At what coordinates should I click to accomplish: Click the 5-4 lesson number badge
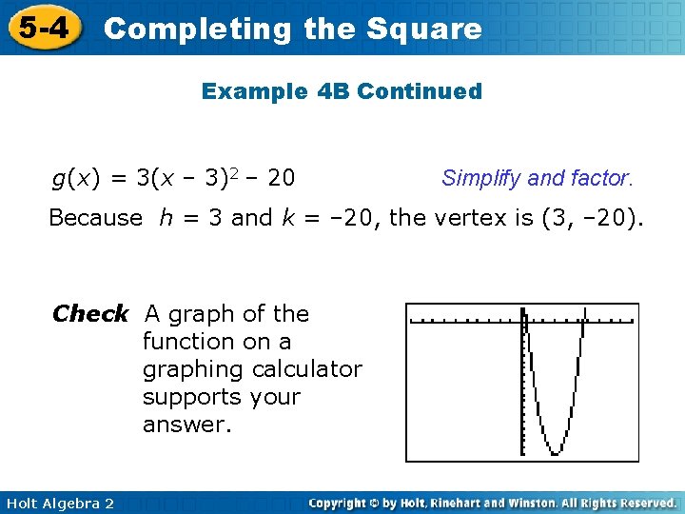(41, 28)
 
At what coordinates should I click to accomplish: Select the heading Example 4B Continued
(342, 91)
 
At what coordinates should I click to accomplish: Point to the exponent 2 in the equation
(242, 172)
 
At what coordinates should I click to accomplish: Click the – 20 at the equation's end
(272, 177)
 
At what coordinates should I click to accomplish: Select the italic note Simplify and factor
(537, 177)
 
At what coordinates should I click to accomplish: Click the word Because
(94, 218)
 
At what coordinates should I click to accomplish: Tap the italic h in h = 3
(166, 218)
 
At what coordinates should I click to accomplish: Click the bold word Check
(90, 313)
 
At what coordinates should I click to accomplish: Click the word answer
(186, 425)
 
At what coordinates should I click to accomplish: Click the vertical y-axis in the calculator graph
(523, 381)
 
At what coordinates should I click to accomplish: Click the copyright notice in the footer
(492, 503)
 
